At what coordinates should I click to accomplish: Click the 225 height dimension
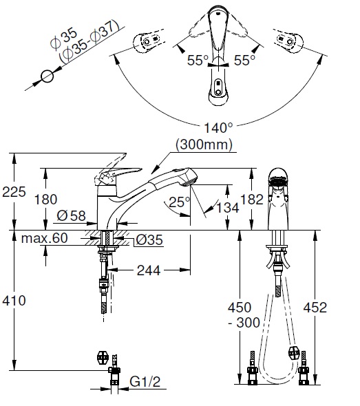tap(14, 192)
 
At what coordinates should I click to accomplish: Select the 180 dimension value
tap(46, 200)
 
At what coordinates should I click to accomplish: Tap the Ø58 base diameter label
tap(71, 215)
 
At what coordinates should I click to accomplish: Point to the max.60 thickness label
tap(44, 238)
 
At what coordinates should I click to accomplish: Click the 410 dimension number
tap(14, 301)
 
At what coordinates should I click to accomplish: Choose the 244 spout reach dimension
tap(149, 270)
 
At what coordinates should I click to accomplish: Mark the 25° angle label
tap(179, 202)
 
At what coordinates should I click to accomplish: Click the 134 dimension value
tap(228, 207)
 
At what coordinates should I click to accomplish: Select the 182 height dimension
tap(252, 200)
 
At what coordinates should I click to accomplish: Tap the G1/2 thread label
tap(145, 381)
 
